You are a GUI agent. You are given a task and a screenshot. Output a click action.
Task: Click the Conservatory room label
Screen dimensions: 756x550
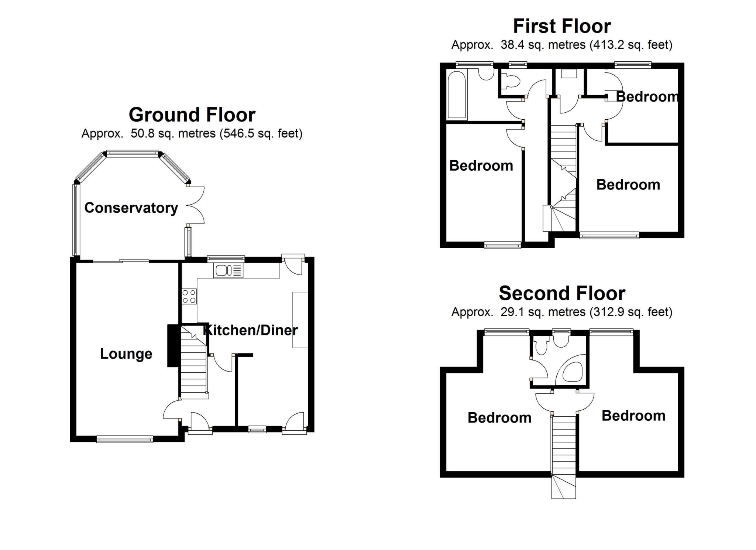(x=131, y=208)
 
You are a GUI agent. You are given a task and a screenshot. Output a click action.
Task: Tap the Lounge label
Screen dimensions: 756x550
(x=126, y=354)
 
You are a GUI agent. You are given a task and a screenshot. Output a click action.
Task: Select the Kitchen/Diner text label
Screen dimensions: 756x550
(x=251, y=330)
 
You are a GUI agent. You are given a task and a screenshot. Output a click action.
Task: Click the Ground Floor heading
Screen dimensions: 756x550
(x=192, y=115)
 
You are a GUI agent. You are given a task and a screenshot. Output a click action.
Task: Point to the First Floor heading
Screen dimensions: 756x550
(x=562, y=26)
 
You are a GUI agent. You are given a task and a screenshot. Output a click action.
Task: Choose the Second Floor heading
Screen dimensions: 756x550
(x=562, y=293)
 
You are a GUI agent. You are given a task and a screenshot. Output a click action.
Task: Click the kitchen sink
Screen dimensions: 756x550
(x=228, y=271)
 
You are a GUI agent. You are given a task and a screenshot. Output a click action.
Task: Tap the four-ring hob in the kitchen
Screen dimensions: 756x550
(x=189, y=296)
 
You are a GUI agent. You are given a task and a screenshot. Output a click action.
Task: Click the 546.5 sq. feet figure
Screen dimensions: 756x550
(x=261, y=133)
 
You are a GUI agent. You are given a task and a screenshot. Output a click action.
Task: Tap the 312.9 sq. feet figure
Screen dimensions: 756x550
(x=631, y=312)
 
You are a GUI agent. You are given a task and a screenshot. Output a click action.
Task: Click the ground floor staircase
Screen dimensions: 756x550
(x=193, y=366)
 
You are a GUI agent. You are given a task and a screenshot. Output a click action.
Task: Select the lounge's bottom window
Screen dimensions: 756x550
(x=125, y=439)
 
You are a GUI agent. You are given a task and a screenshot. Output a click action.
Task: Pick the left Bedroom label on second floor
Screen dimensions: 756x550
(x=499, y=418)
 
